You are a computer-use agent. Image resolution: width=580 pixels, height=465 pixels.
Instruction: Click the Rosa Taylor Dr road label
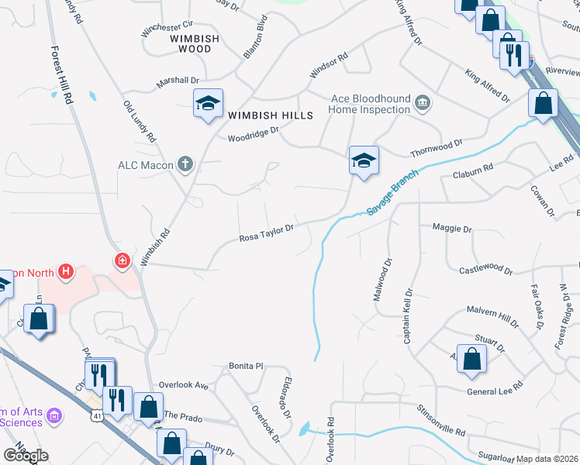(x=266, y=229)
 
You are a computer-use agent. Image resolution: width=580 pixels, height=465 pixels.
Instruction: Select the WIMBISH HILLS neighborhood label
(x=271, y=115)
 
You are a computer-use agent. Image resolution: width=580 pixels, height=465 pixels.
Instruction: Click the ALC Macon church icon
(x=185, y=164)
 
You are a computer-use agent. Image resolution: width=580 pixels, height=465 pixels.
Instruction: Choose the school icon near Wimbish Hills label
(x=208, y=105)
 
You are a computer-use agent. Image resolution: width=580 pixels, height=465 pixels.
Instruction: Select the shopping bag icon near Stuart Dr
(x=471, y=359)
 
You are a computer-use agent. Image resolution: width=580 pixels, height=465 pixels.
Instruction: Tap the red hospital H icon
(x=67, y=272)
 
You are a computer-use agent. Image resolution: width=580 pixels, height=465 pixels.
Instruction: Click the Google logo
(x=26, y=455)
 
